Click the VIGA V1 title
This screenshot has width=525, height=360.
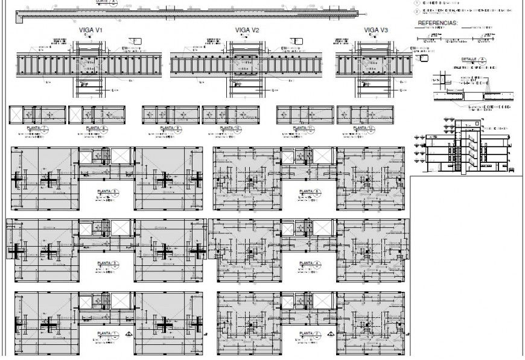[x=91, y=30]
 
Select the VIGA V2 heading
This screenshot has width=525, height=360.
[x=247, y=30]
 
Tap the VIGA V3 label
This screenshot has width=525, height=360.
[x=375, y=30]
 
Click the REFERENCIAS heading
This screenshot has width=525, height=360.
[x=437, y=24]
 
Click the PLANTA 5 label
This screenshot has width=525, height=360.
[x=107, y=192]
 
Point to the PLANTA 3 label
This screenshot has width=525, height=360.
[x=107, y=263]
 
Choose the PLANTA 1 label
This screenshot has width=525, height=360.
[x=107, y=333]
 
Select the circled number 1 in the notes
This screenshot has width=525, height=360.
[x=416, y=3]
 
